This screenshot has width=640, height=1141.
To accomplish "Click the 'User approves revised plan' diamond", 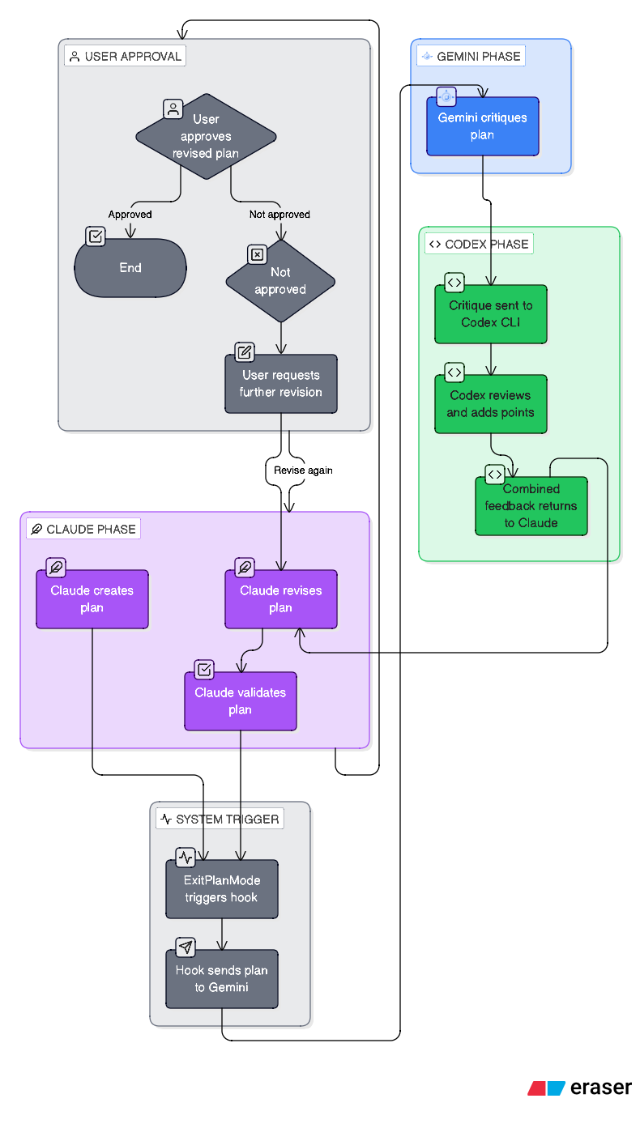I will [x=206, y=136].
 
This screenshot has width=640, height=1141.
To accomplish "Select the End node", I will [x=130, y=268].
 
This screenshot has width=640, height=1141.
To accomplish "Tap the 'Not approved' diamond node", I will [x=280, y=281].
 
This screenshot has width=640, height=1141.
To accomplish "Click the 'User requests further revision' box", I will [x=280, y=384].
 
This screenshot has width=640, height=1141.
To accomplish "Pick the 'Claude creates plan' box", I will [x=92, y=599].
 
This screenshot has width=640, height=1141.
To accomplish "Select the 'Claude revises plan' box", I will [x=280, y=599].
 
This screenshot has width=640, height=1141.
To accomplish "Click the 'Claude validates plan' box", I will [x=240, y=701].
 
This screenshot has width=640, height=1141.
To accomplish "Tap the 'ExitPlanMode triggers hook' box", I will [x=221, y=889].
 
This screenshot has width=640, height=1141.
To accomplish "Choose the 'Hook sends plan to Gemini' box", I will [x=221, y=979].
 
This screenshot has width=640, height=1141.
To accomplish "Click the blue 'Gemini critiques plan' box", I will [x=482, y=126].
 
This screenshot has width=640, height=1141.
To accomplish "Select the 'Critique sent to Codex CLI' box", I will [x=490, y=314].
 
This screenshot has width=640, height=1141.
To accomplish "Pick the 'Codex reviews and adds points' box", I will [x=490, y=404].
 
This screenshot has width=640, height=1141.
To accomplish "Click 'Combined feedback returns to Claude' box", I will [x=531, y=506].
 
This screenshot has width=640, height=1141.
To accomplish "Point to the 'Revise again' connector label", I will [x=302, y=470].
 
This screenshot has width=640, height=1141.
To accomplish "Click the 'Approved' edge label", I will [x=130, y=215].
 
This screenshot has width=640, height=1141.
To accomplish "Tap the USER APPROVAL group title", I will [x=126, y=56].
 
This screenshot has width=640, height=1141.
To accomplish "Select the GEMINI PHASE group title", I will [x=471, y=57].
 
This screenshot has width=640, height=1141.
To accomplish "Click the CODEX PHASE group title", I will [x=479, y=244].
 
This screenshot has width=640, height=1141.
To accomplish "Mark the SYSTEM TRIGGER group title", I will [x=220, y=819].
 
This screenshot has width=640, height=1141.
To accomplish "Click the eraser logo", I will [x=579, y=1088].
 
